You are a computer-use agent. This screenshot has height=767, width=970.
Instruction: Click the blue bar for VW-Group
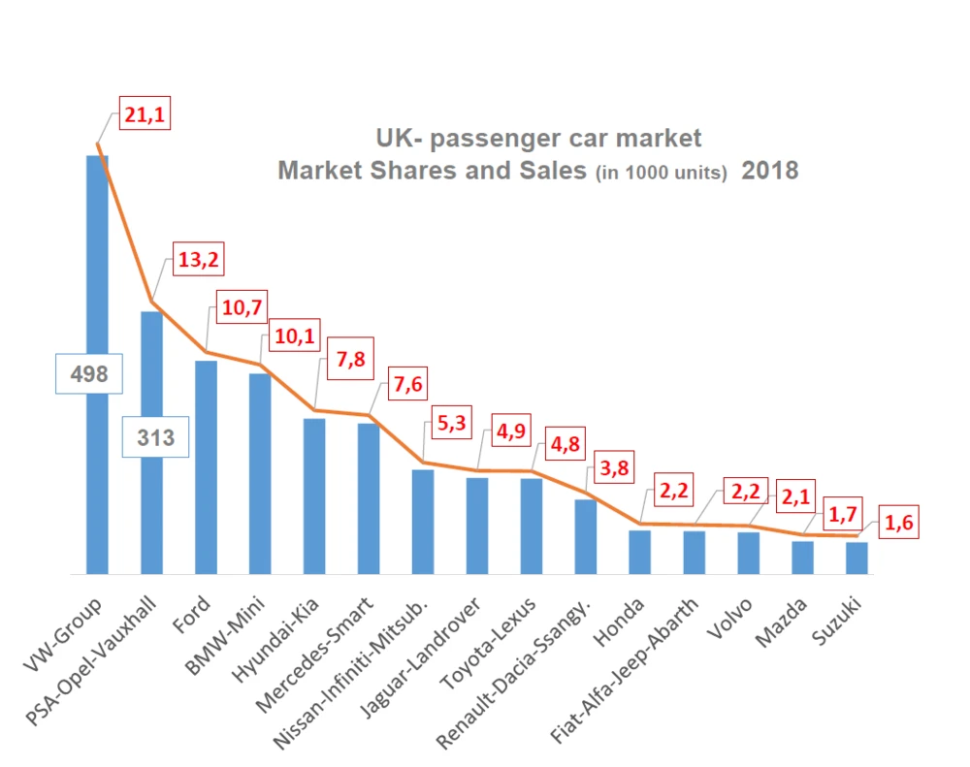pyautogui.click(x=97, y=291)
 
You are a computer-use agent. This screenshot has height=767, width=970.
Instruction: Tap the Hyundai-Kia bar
pyautogui.click(x=314, y=495)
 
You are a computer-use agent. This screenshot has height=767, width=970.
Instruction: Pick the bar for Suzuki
pyautogui.click(x=857, y=558)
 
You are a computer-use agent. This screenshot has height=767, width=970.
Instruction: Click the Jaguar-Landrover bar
pyautogui.click(x=477, y=525)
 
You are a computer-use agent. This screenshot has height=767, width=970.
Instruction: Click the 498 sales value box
pyautogui.click(x=87, y=373)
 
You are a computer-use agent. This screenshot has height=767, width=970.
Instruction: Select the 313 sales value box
pyautogui.click(x=155, y=438)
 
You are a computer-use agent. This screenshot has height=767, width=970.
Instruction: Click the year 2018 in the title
pyautogui.click(x=770, y=171)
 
